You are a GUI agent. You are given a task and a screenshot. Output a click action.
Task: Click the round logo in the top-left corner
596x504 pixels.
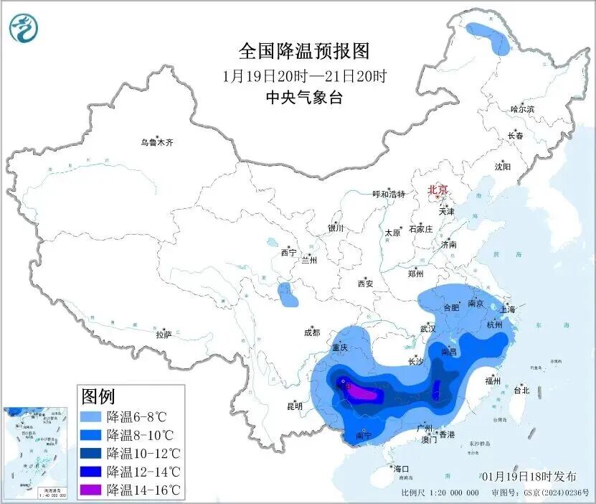[x=24, y=27]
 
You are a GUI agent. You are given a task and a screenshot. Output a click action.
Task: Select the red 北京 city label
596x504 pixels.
[x=437, y=190]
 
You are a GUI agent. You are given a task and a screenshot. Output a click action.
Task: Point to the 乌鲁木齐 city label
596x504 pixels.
[x=156, y=142]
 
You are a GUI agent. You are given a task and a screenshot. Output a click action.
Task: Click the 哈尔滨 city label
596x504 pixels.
[x=522, y=109]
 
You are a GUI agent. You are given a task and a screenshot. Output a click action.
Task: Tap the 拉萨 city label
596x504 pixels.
[x=164, y=335]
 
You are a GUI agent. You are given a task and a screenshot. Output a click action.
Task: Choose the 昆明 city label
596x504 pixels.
[x=295, y=406]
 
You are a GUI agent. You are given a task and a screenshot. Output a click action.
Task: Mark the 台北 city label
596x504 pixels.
[x=521, y=391]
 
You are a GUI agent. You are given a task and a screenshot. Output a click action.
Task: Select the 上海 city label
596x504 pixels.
[x=508, y=309]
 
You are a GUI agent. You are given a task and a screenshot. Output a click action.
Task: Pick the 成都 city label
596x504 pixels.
[x=312, y=332]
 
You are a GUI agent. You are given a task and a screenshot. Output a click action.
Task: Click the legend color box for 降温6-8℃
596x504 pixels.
[x=92, y=416]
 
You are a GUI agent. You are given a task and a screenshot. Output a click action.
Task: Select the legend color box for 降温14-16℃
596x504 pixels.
[x=92, y=490]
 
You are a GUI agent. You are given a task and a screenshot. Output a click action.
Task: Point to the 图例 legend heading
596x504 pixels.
[x=98, y=396]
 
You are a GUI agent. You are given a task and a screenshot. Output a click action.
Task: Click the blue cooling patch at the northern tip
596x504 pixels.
[x=488, y=37]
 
